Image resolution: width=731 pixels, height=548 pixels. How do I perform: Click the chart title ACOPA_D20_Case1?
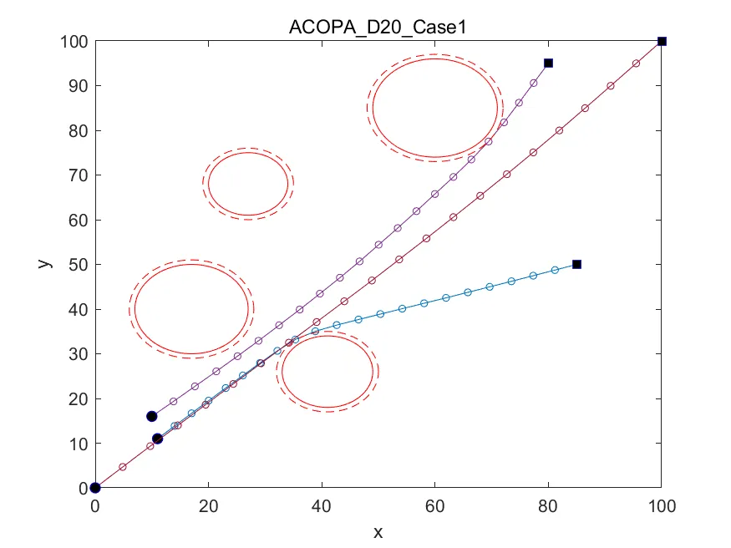click(378, 26)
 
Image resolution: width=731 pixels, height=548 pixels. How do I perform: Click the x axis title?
click(378, 531)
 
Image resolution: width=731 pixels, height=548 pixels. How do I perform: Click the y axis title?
click(46, 264)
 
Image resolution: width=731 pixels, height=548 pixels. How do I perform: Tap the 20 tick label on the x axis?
click(208, 506)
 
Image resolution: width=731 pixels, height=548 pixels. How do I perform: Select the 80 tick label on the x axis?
click(548, 506)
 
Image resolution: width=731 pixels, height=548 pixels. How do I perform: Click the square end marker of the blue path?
click(576, 265)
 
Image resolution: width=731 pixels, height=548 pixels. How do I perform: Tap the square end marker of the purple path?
click(548, 63)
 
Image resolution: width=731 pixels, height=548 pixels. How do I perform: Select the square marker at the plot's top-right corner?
click(662, 41)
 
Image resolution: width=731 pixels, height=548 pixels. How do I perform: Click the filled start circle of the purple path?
click(152, 416)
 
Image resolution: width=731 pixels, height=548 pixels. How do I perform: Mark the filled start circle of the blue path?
click(157, 439)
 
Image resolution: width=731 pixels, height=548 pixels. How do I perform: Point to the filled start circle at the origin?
click(95, 488)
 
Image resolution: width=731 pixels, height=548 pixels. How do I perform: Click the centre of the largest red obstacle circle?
click(434, 108)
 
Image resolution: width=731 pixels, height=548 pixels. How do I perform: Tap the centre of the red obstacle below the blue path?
click(327, 372)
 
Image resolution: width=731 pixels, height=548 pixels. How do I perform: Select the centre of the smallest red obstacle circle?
click(248, 184)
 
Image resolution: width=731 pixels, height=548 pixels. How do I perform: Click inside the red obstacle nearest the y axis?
click(192, 309)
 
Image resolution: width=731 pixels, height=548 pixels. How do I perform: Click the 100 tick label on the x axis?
click(662, 506)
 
